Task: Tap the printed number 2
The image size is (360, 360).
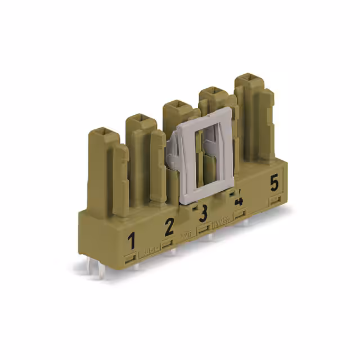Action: coord(169,228)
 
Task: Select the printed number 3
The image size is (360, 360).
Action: coord(203,213)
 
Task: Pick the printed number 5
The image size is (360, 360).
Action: coord(274,183)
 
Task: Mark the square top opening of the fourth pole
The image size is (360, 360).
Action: coord(213,92)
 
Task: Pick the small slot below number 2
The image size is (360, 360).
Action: coord(167,243)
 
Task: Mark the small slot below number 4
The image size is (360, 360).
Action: coord(240,214)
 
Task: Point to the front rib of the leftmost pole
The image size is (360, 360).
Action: coord(120,180)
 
